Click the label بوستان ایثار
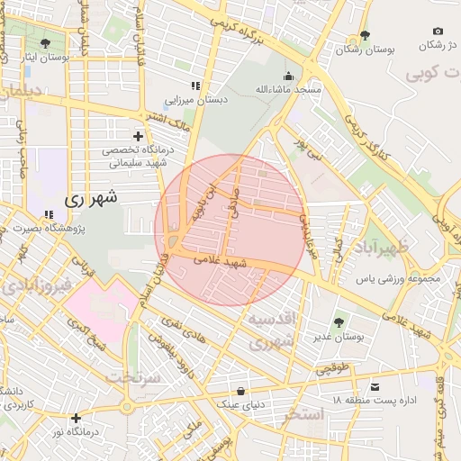(x=46, y=57)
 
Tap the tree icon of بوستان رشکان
(x=364, y=36)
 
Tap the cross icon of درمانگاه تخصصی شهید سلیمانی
(x=138, y=135)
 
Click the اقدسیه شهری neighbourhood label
(x=272, y=330)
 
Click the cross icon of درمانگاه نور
(x=77, y=418)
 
